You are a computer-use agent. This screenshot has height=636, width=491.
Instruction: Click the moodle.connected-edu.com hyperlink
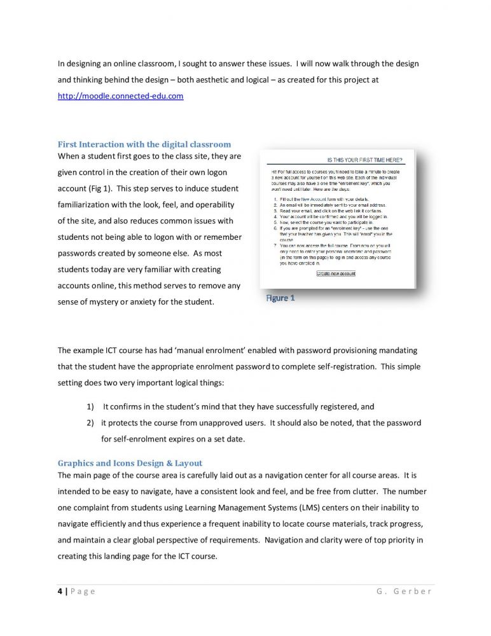pos(120,95)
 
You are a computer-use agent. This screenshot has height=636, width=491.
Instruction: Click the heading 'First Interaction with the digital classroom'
pos(144,144)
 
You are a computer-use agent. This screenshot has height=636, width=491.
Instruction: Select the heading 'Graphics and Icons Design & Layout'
pos(130,463)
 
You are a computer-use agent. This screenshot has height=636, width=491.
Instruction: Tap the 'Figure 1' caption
pos(280,298)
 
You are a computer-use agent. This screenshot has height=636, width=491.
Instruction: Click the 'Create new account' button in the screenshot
pos(336,273)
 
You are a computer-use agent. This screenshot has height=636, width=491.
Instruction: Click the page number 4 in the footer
pos(60,591)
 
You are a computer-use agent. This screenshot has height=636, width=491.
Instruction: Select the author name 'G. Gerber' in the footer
pos(404,591)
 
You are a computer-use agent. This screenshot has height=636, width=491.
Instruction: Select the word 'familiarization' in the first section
pos(88,205)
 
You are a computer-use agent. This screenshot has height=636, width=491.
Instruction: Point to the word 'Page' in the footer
pos(83,591)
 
